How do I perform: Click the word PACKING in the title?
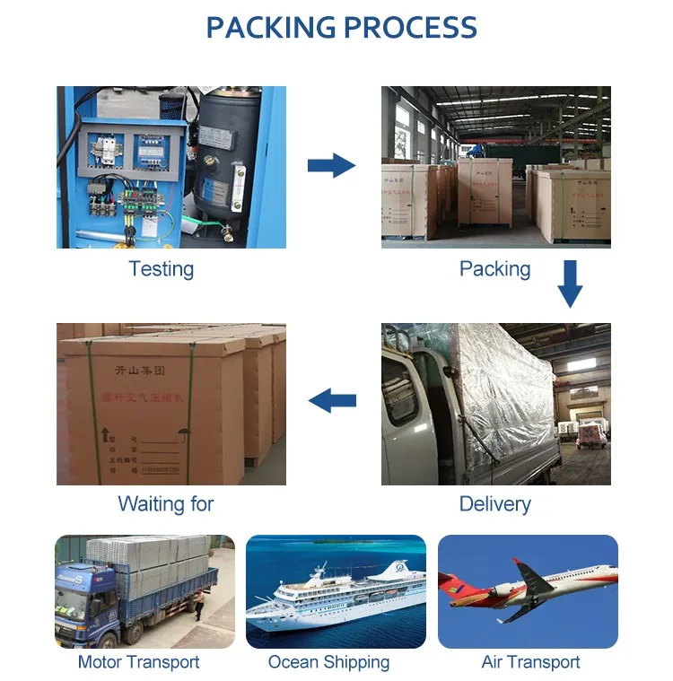coord(270,27)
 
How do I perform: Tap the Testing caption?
coord(161,268)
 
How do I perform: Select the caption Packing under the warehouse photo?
coord(494,268)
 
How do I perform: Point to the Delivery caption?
coord(494,503)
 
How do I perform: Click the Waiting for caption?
coord(166,503)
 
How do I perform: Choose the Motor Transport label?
coord(138,662)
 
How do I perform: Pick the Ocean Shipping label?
coord(328,662)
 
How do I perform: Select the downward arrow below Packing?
coord(569,284)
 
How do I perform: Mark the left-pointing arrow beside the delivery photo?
coord(332,401)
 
